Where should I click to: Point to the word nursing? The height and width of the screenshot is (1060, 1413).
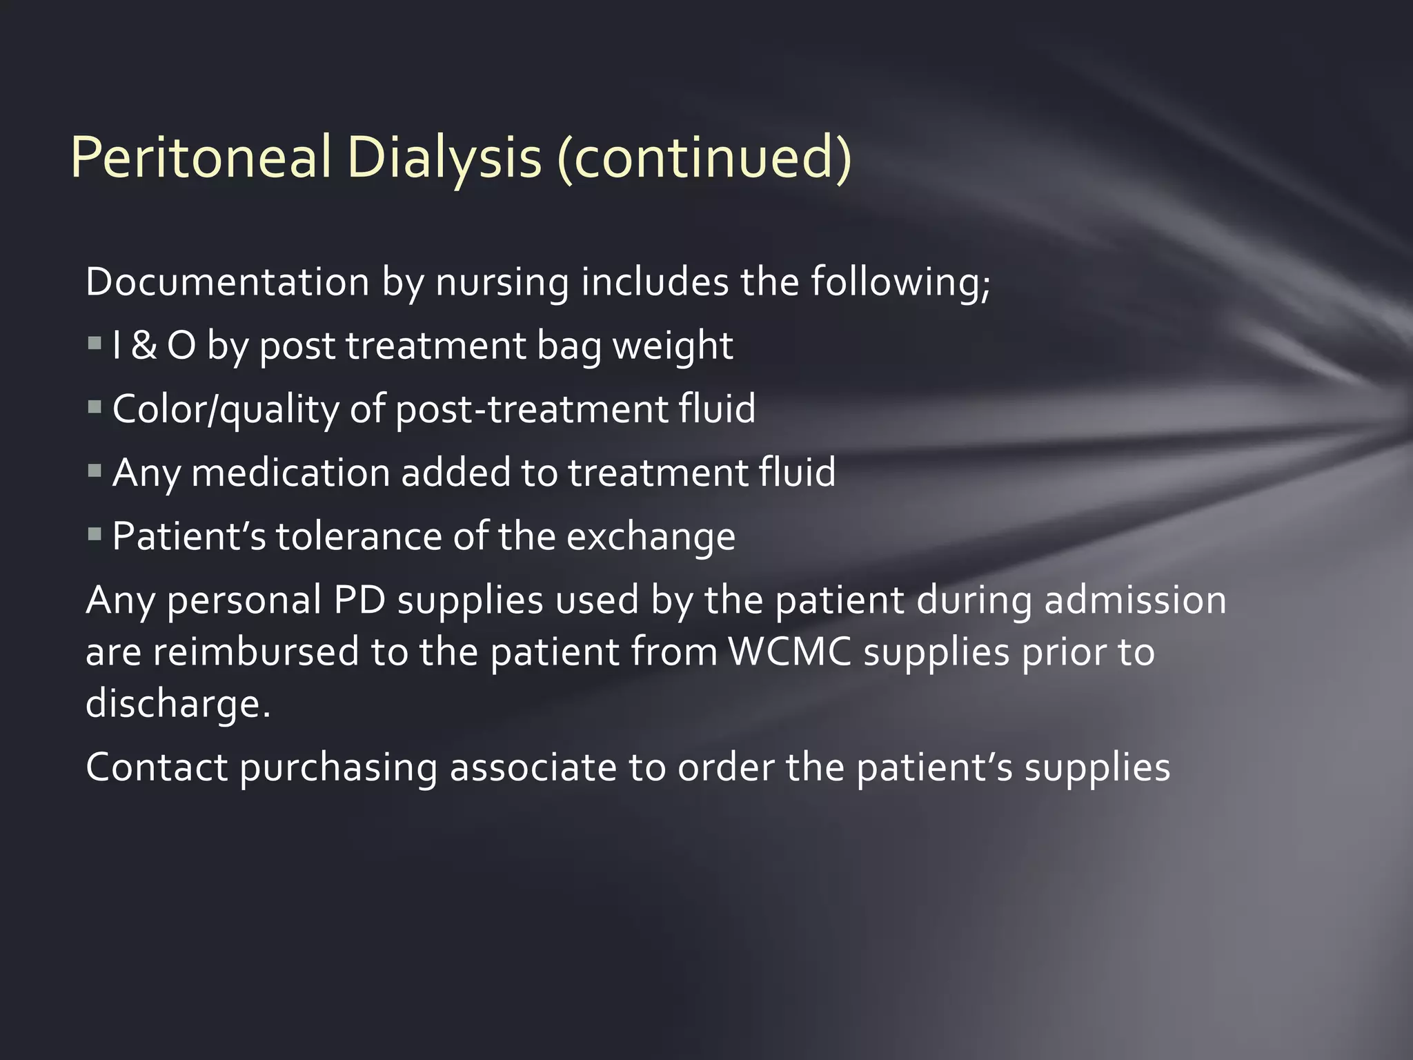[x=502, y=283]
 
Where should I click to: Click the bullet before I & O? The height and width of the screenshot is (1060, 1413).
[x=95, y=342]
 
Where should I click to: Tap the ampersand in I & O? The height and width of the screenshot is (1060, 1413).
[x=144, y=345]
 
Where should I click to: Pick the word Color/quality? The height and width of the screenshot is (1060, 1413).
[x=225, y=409]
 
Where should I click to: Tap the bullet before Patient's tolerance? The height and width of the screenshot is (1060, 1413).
[x=95, y=533]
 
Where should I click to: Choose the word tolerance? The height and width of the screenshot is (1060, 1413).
[x=359, y=536]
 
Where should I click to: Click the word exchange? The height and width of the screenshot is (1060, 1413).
[x=651, y=538]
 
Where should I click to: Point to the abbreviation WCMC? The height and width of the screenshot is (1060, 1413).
[x=789, y=651]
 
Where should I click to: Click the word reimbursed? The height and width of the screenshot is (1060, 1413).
[x=256, y=651]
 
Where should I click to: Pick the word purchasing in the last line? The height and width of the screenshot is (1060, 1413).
[x=338, y=768]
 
